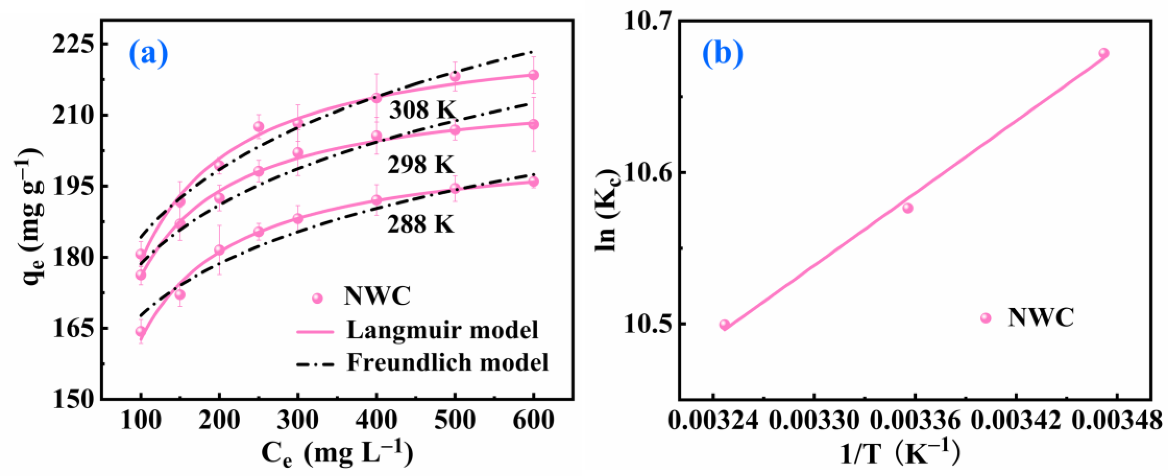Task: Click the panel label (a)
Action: [x=148, y=54]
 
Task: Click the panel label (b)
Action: [x=723, y=54]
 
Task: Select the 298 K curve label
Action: [x=420, y=164]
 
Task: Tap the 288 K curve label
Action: [x=420, y=223]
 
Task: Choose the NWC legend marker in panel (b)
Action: [x=985, y=318]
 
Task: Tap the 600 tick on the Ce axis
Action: [x=533, y=420]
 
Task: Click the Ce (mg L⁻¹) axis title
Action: [x=337, y=454]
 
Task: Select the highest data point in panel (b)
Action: [x=1104, y=53]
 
